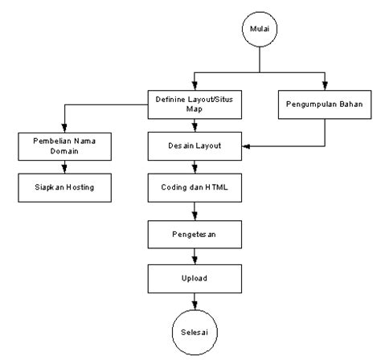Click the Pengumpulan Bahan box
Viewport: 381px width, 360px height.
(325, 104)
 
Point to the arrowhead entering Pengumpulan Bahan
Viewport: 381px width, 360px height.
(325, 83)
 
